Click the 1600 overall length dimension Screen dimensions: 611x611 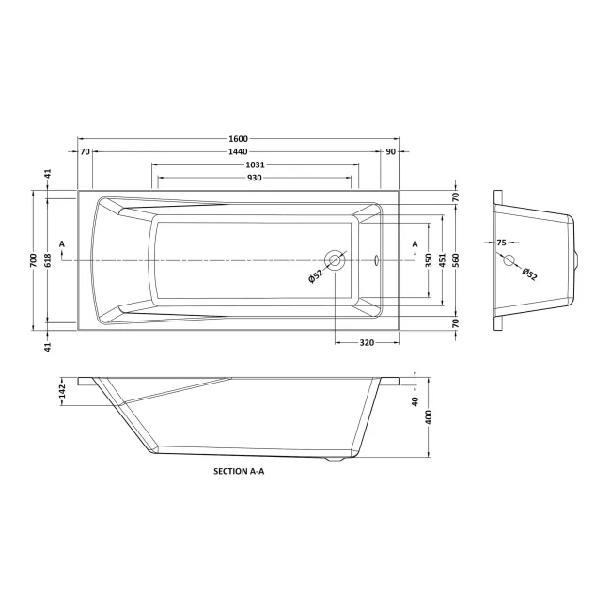[x=238, y=139]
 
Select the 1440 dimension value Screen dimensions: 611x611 [x=238, y=151]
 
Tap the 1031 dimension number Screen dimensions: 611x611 [x=256, y=164]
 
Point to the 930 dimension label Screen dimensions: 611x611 [x=255, y=178]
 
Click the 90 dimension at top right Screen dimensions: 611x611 [x=390, y=151]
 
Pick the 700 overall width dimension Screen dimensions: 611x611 [x=33, y=260]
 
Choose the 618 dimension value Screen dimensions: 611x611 [x=48, y=260]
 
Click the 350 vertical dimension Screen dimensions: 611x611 [x=429, y=260]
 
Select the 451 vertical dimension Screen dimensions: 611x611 [x=443, y=260]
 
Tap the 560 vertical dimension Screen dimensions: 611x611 [x=456, y=260]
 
